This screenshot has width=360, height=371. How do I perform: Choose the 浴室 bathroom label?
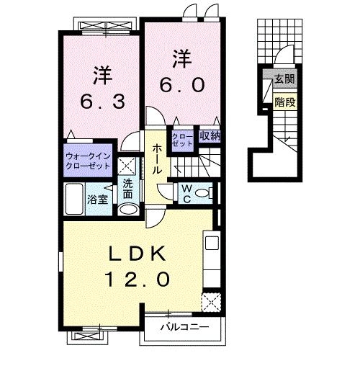point(98,199)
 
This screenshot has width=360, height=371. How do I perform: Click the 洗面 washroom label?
point(127,189)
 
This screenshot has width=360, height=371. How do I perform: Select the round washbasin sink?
point(127,210)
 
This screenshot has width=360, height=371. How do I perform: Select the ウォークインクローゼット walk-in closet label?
point(88,160)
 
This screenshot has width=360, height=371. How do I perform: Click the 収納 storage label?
point(209,135)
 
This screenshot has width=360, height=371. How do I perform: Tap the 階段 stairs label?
point(284,102)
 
